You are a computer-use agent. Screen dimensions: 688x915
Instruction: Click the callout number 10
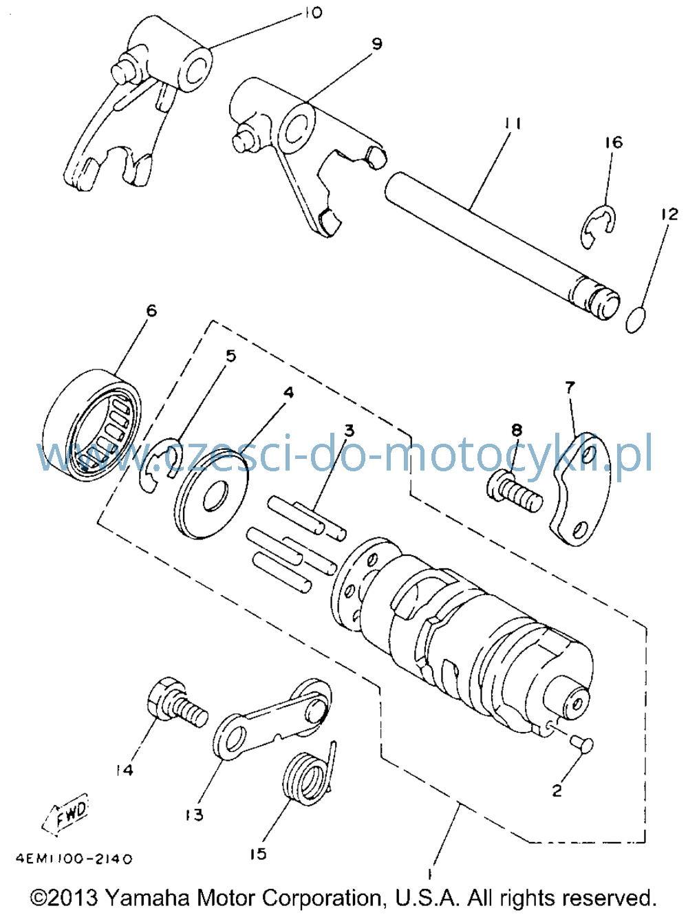point(312,12)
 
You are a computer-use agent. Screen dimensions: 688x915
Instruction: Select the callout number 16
point(613,142)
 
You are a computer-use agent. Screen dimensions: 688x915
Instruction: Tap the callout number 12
point(669,214)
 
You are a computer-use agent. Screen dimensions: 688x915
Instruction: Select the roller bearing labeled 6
point(92,426)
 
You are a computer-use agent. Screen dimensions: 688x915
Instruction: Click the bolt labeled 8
point(515,491)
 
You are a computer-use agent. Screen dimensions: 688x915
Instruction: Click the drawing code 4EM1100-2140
point(74,859)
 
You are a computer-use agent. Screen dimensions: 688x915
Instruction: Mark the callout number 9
point(377,43)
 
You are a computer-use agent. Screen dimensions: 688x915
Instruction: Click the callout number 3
point(349,430)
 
